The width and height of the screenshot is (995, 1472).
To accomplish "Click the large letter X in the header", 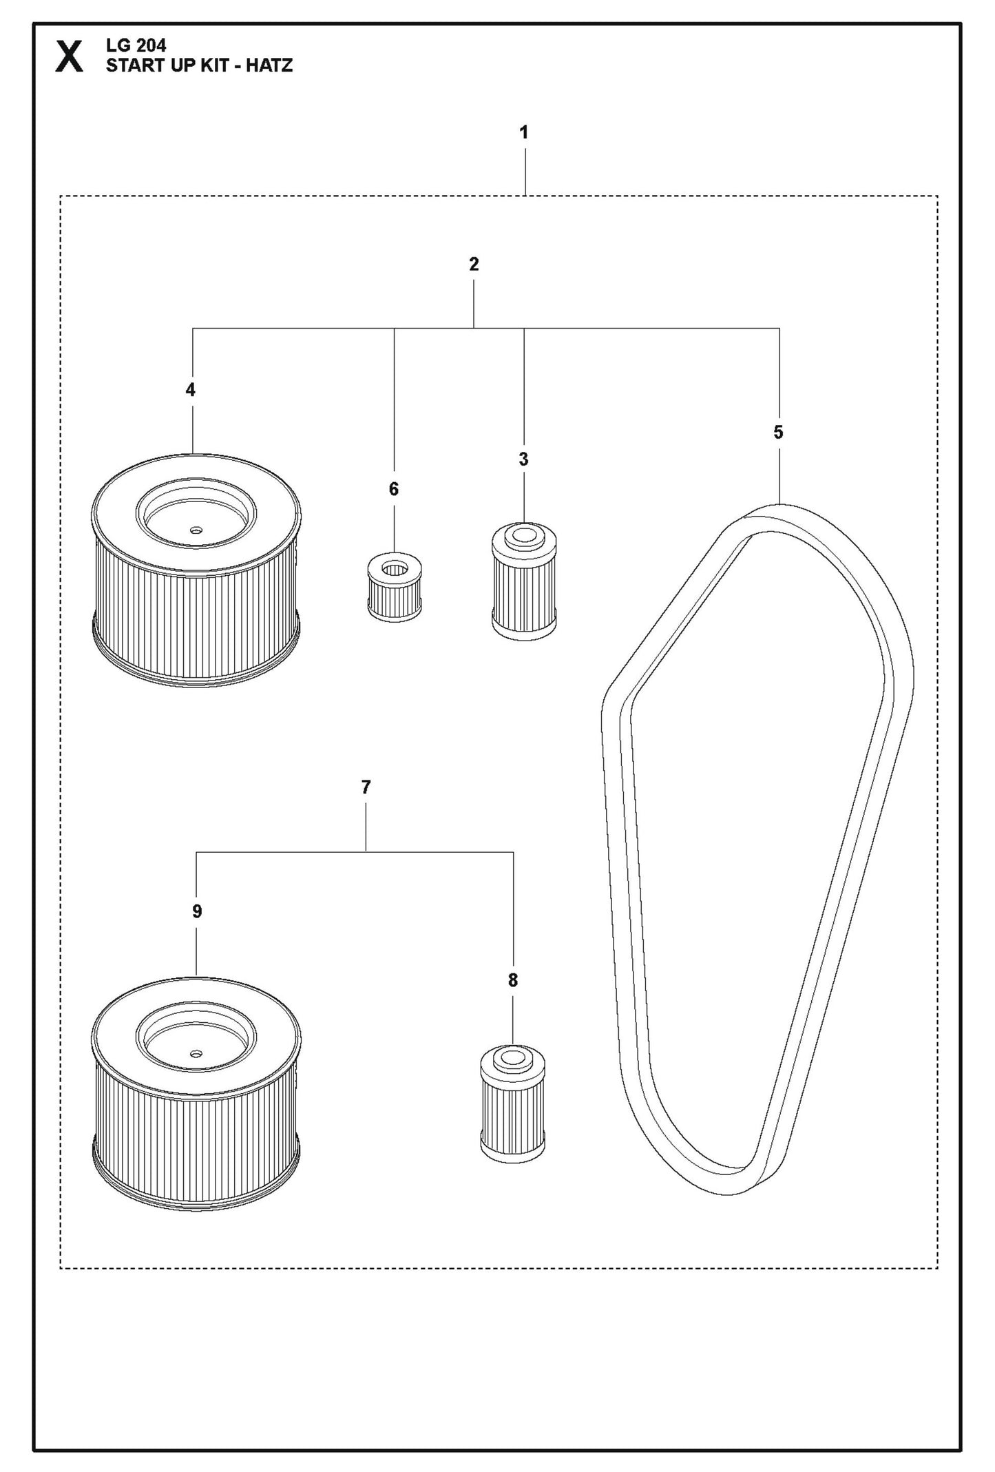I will pos(70,56).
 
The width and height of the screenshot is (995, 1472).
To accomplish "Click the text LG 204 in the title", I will pos(136,46).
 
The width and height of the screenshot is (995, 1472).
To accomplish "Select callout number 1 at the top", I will pos(524,132).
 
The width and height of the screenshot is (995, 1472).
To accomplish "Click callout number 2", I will pos(474,264).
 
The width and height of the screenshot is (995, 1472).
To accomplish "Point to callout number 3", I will pos(523,459).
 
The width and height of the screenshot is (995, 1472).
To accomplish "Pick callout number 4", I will pos(191,390).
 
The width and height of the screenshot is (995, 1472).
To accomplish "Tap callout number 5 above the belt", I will pos(778,433).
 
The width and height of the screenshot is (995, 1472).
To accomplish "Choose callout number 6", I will pos(394,489).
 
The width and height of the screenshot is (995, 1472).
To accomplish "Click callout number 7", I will pos(366,787).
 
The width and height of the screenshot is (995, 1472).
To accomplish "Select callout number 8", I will pos(512,980).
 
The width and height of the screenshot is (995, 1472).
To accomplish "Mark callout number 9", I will pos(197,911).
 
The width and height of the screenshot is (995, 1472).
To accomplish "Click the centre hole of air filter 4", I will pos(196,530).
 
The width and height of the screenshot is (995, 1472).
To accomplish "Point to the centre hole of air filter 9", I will pos(196,1053).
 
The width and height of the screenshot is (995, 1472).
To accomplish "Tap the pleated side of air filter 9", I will pos(196,1130).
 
